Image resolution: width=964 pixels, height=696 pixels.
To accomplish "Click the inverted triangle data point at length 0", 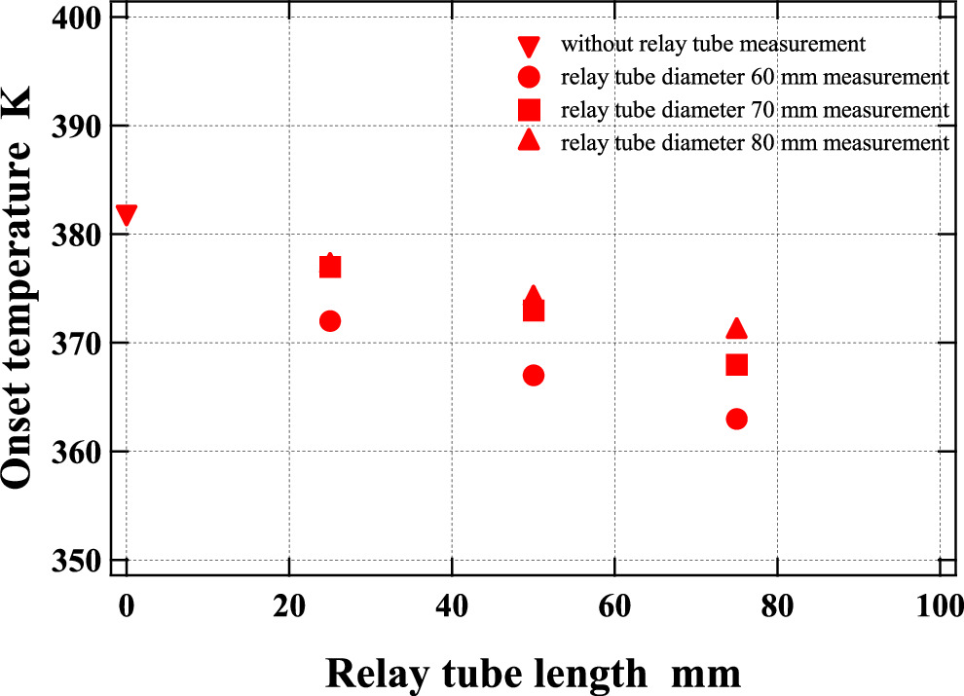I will pyautogui.click(x=126, y=214).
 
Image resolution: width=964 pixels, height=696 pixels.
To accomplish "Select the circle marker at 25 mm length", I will pyautogui.click(x=330, y=321).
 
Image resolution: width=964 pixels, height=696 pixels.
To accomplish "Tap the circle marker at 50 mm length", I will pyautogui.click(x=534, y=376).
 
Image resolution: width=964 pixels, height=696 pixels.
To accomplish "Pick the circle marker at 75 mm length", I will pyautogui.click(x=737, y=419).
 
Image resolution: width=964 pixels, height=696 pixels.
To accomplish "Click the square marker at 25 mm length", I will pyautogui.click(x=330, y=268).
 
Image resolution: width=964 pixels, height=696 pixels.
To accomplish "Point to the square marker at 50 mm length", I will pyautogui.click(x=534, y=311).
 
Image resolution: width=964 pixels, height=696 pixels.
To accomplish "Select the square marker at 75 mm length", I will pyautogui.click(x=737, y=365).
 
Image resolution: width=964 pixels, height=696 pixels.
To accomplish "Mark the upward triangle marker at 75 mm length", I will pyautogui.click(x=737, y=329).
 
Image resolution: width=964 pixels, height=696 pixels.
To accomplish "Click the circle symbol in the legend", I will pyautogui.click(x=530, y=77).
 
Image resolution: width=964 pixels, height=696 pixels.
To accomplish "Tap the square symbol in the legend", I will pyautogui.click(x=530, y=109).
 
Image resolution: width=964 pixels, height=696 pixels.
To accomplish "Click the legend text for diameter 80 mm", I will pyautogui.click(x=755, y=142).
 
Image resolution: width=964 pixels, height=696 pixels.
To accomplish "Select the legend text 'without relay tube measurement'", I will pyautogui.click(x=713, y=44).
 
